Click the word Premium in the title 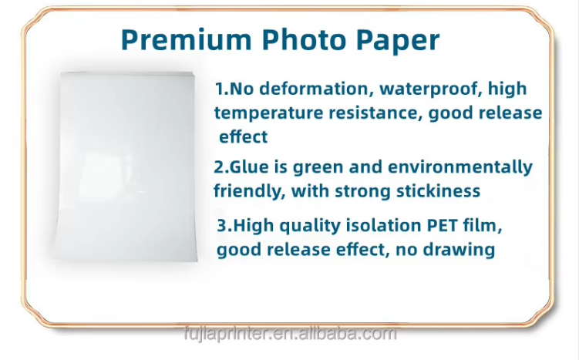point(187,39)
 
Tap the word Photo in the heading point(305,39)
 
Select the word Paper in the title point(398,42)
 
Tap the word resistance point(375,113)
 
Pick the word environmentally point(460,168)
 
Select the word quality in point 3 point(309,226)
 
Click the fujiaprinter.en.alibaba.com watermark point(290,334)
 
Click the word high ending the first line point(507,89)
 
